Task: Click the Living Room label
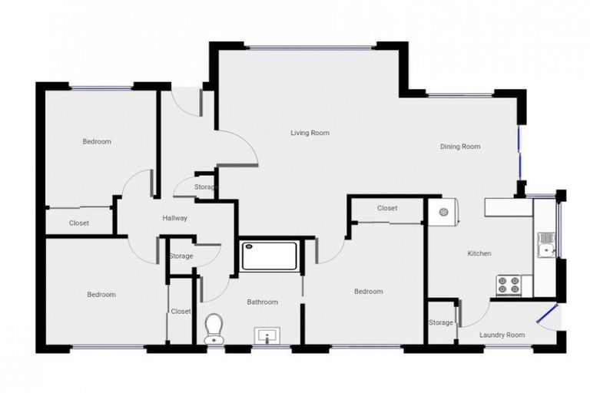click(x=310, y=133)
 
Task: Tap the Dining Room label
click(x=460, y=147)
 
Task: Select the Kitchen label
click(x=479, y=253)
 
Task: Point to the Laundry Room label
click(x=502, y=335)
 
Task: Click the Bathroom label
click(x=262, y=302)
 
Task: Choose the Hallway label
click(x=174, y=218)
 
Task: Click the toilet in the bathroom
click(x=213, y=329)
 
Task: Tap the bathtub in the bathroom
click(x=269, y=256)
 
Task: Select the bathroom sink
click(x=267, y=335)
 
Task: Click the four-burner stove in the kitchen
click(x=508, y=285)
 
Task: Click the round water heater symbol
click(x=442, y=212)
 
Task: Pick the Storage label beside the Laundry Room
click(x=441, y=322)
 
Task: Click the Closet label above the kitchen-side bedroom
click(x=387, y=208)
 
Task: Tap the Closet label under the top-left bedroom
click(x=79, y=223)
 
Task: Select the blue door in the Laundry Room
click(x=547, y=314)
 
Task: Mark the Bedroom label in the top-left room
click(x=97, y=141)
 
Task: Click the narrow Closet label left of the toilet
click(x=181, y=311)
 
